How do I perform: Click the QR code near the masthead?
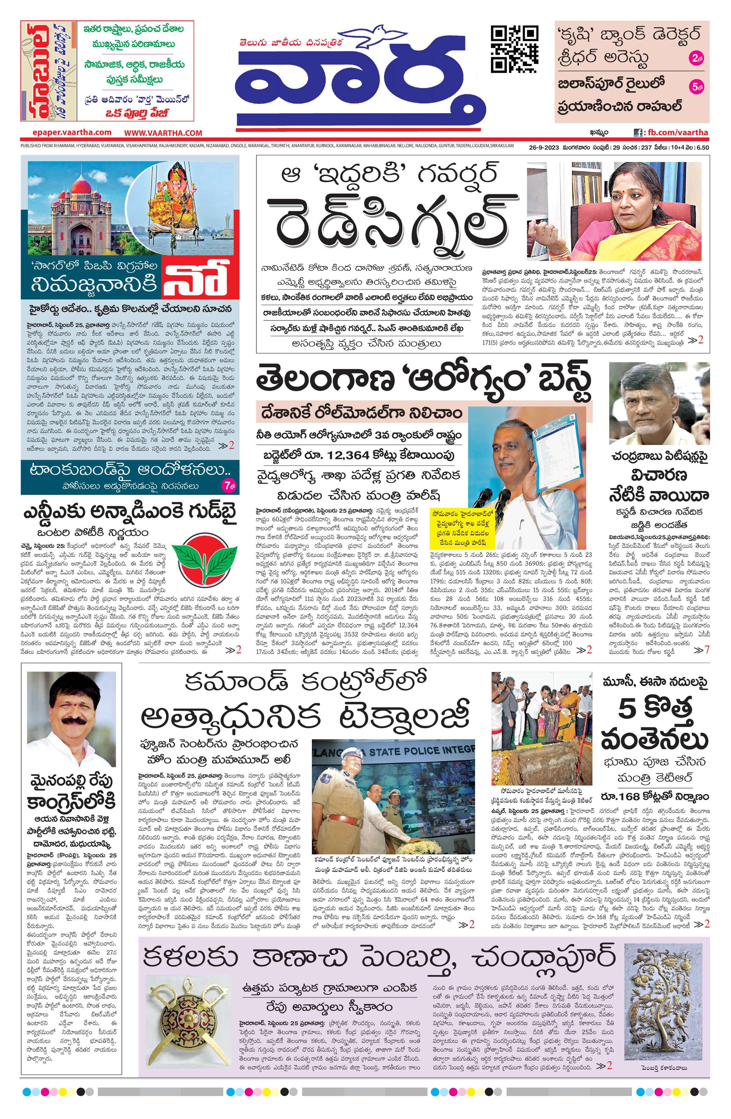coord(514,49)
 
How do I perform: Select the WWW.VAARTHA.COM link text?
coord(163,133)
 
